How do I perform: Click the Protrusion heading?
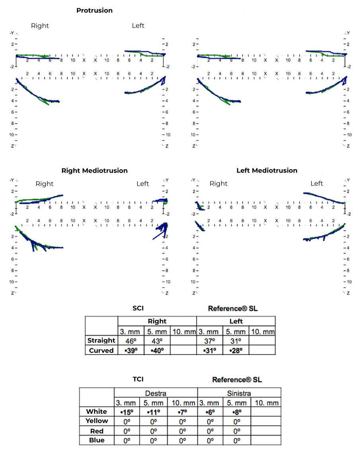(94, 11)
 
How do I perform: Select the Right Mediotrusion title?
(94, 170)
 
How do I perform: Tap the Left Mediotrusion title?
(267, 170)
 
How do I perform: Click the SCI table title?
(138, 308)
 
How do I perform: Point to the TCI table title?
(138, 379)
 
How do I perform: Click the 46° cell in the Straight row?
(128, 341)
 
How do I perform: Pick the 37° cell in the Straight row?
(208, 341)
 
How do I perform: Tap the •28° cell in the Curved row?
(235, 350)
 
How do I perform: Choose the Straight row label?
(101, 341)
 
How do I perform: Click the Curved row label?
(101, 350)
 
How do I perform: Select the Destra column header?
(156, 393)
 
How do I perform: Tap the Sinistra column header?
(239, 393)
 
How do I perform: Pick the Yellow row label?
(97, 421)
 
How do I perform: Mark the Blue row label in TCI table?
(97, 440)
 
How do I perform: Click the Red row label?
(97, 431)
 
